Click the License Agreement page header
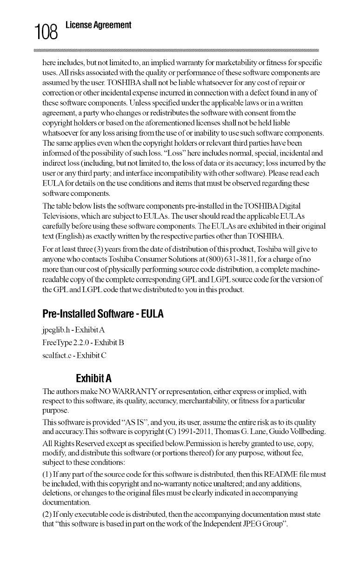click(x=98, y=25)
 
